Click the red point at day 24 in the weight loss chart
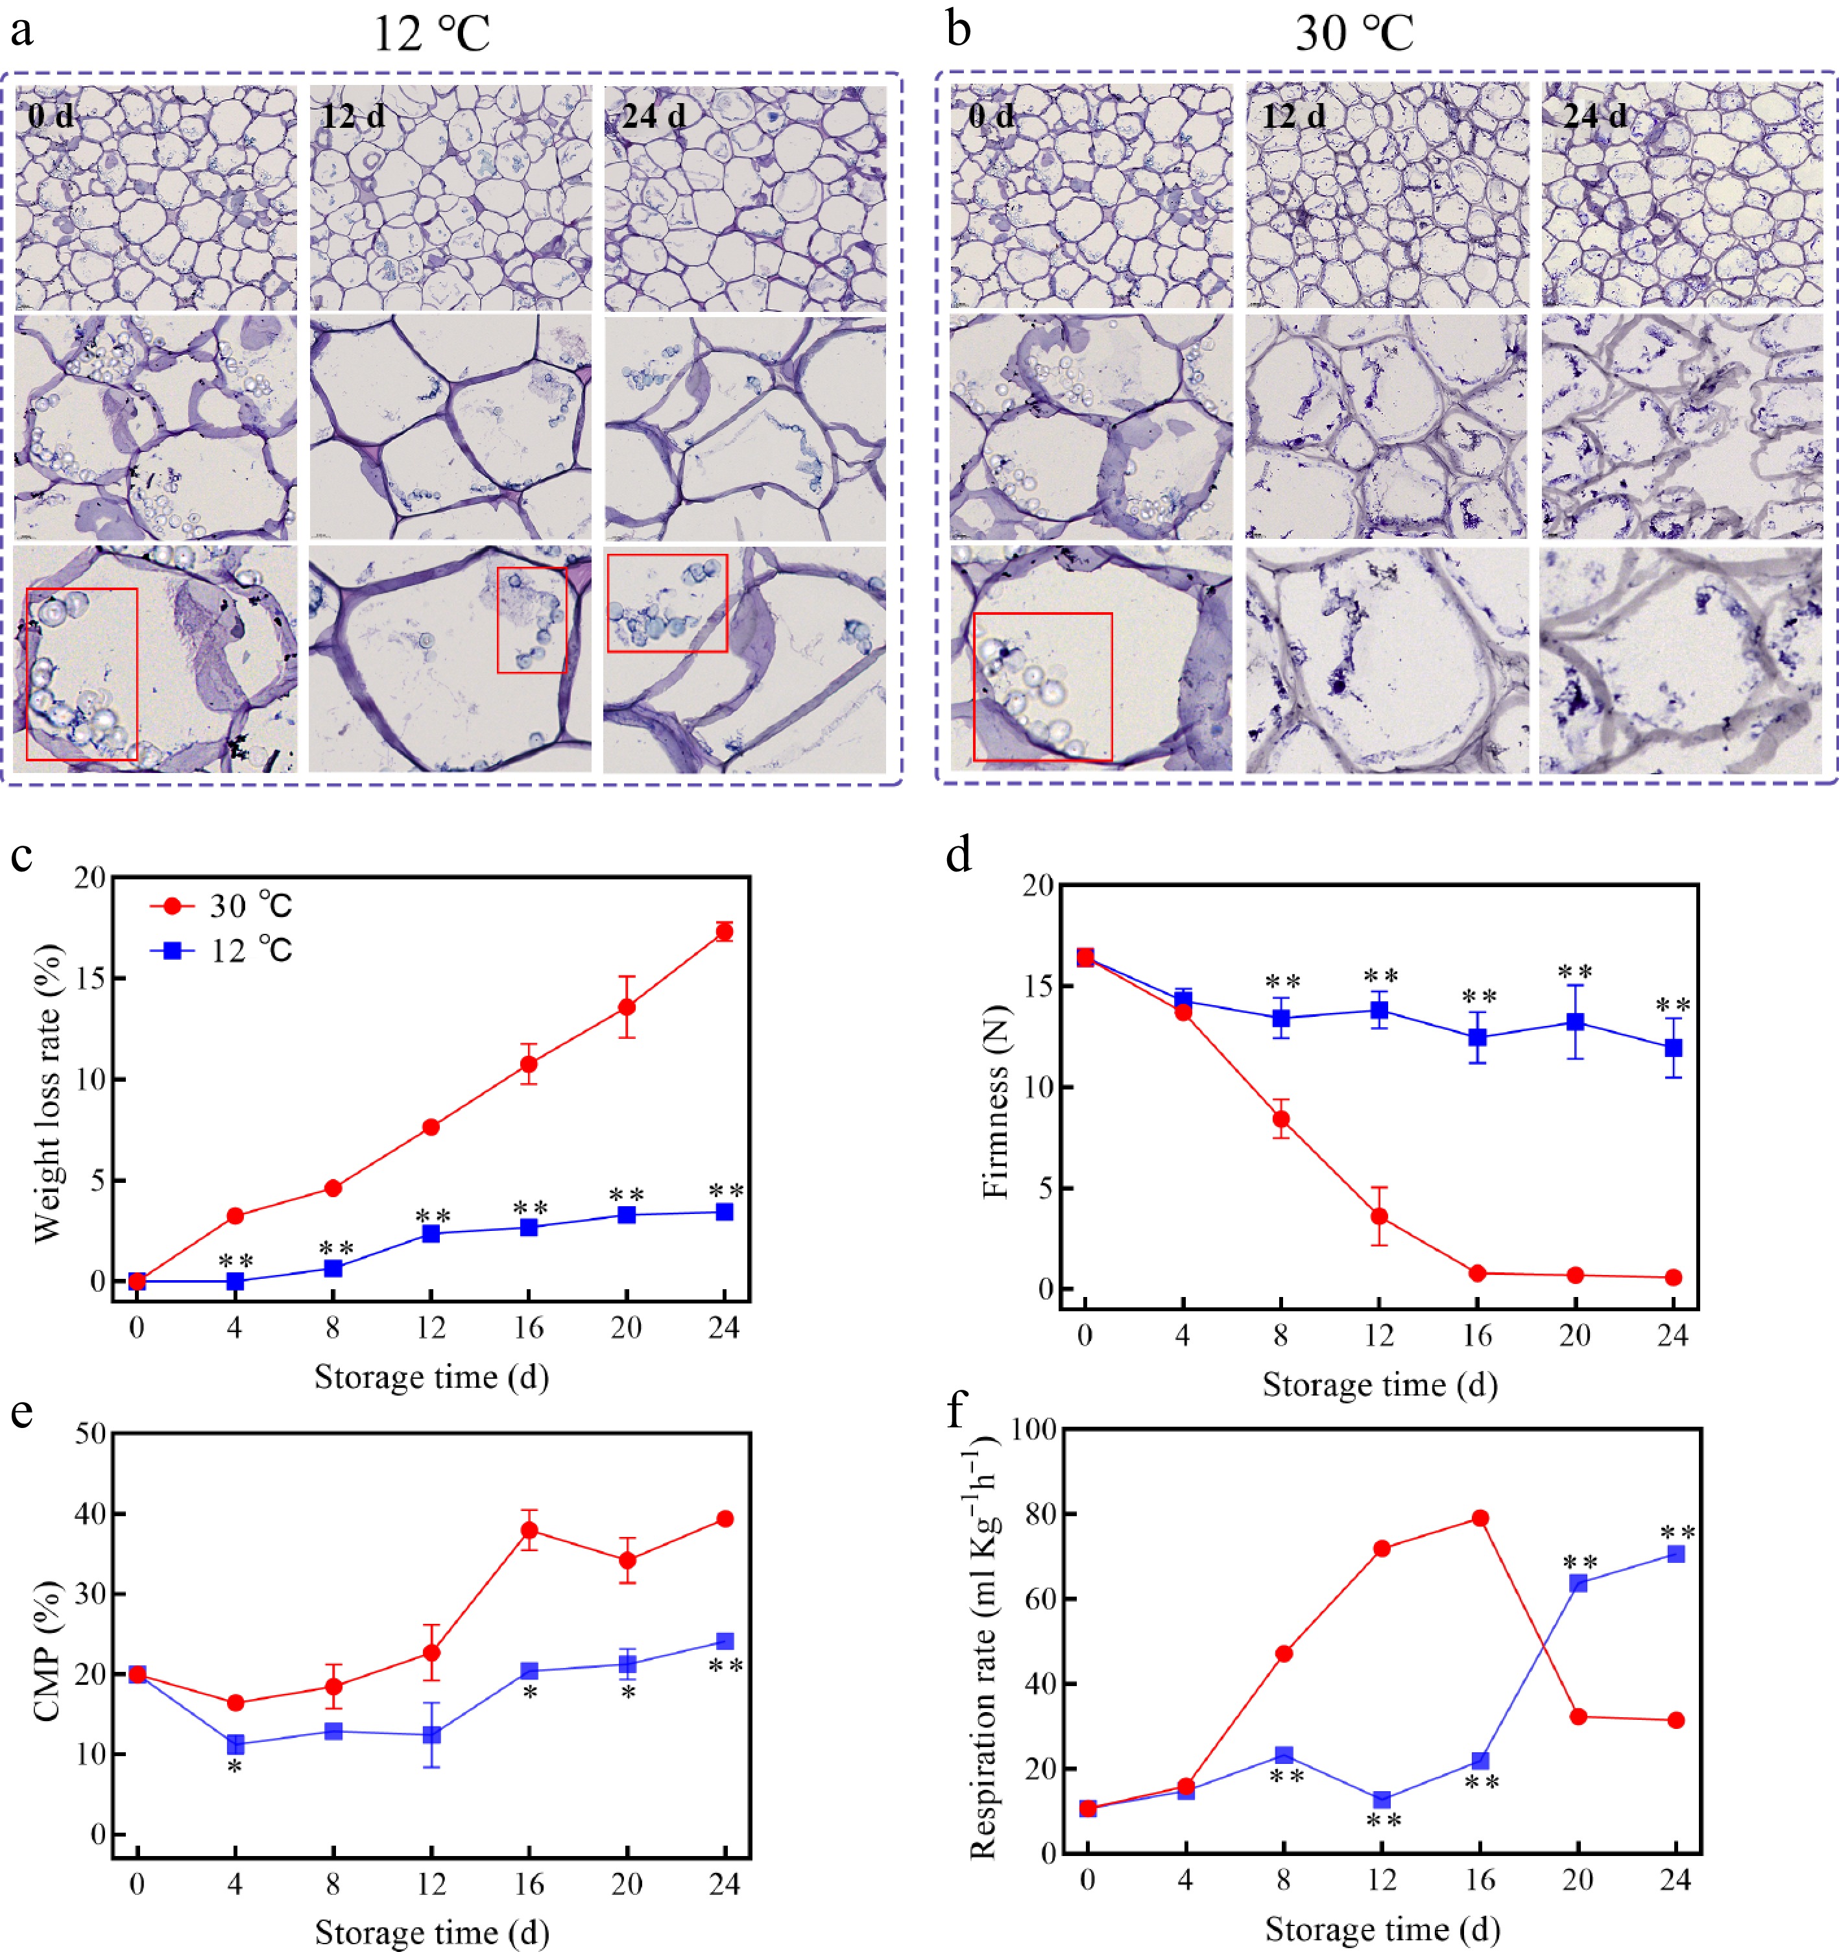coord(724,932)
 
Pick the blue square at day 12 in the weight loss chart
coord(430,1233)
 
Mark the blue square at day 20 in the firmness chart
coord(1575,1022)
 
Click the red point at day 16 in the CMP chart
coord(529,1530)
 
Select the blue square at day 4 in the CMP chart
coord(235,1745)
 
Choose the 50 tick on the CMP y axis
coord(90,1434)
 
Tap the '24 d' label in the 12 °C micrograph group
coord(653,117)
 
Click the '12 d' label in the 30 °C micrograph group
coord(1293,117)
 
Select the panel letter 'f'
coord(956,1411)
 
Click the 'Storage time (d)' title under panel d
coord(1379,1385)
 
